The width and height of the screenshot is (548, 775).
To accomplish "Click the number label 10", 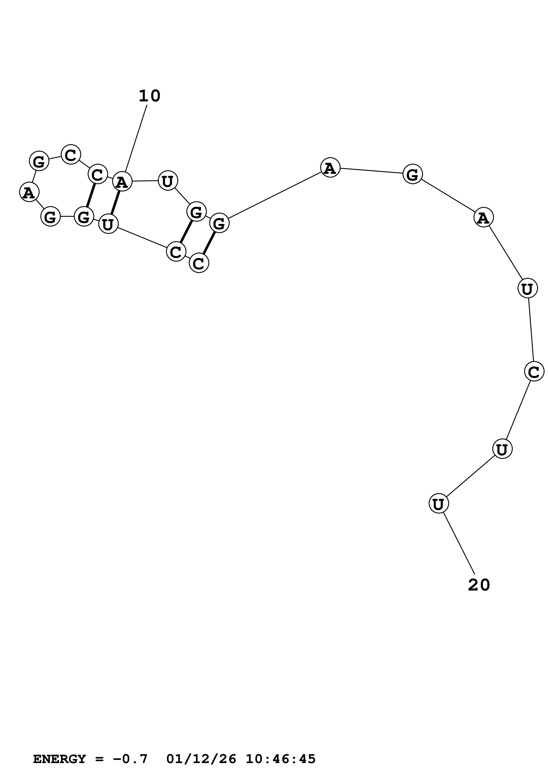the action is point(149,96).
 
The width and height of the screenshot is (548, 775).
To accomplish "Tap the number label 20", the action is point(479,585).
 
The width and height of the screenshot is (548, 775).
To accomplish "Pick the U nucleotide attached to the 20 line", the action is point(439,503).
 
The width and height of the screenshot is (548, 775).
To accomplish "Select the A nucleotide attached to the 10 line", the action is point(122,182).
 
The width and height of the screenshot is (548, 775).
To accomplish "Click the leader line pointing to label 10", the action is point(136,138).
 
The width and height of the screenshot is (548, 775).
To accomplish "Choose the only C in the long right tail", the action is point(534,371).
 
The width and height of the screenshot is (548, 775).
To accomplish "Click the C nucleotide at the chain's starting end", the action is point(199,263).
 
